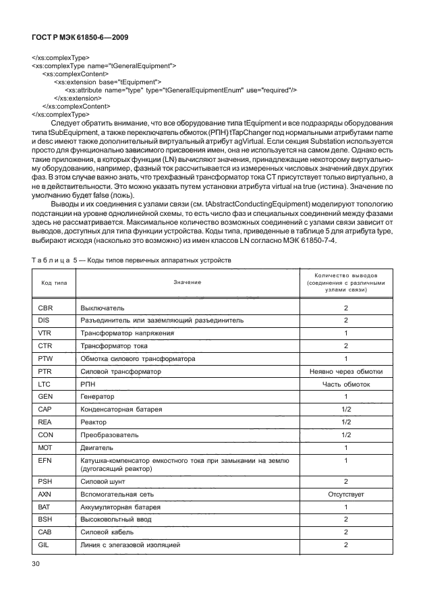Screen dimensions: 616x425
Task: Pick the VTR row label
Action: pos(46,333)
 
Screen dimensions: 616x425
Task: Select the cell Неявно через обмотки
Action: pos(346,372)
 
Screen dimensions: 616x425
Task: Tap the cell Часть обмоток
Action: pos(346,385)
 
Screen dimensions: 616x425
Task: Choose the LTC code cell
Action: pos(46,385)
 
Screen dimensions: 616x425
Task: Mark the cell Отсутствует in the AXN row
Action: pos(346,494)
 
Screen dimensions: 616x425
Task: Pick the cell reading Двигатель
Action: pos(98,447)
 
